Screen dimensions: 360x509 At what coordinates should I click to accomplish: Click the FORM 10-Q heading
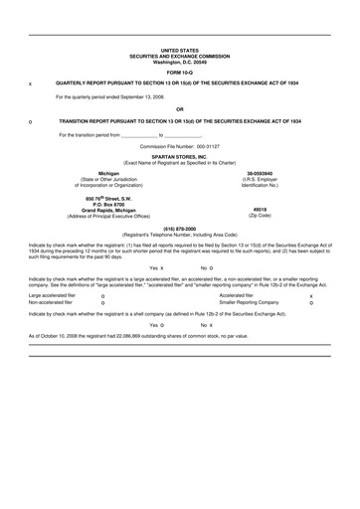pos(179,73)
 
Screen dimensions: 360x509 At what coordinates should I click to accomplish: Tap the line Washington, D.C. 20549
pos(179,61)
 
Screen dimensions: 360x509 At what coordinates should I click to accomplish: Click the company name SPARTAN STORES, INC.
pos(179,156)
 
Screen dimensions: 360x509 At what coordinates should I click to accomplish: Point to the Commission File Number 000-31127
pos(179,146)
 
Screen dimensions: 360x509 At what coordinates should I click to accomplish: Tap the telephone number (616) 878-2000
pos(179,227)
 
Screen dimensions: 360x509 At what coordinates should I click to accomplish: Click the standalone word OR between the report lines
pos(179,108)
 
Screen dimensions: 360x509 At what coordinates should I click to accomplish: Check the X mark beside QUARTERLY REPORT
pos(31,85)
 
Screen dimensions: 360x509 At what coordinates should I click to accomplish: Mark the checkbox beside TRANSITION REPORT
pos(31,120)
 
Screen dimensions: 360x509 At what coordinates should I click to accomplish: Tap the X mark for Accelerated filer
pos(311,295)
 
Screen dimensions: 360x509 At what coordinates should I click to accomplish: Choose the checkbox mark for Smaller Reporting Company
pos(311,303)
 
